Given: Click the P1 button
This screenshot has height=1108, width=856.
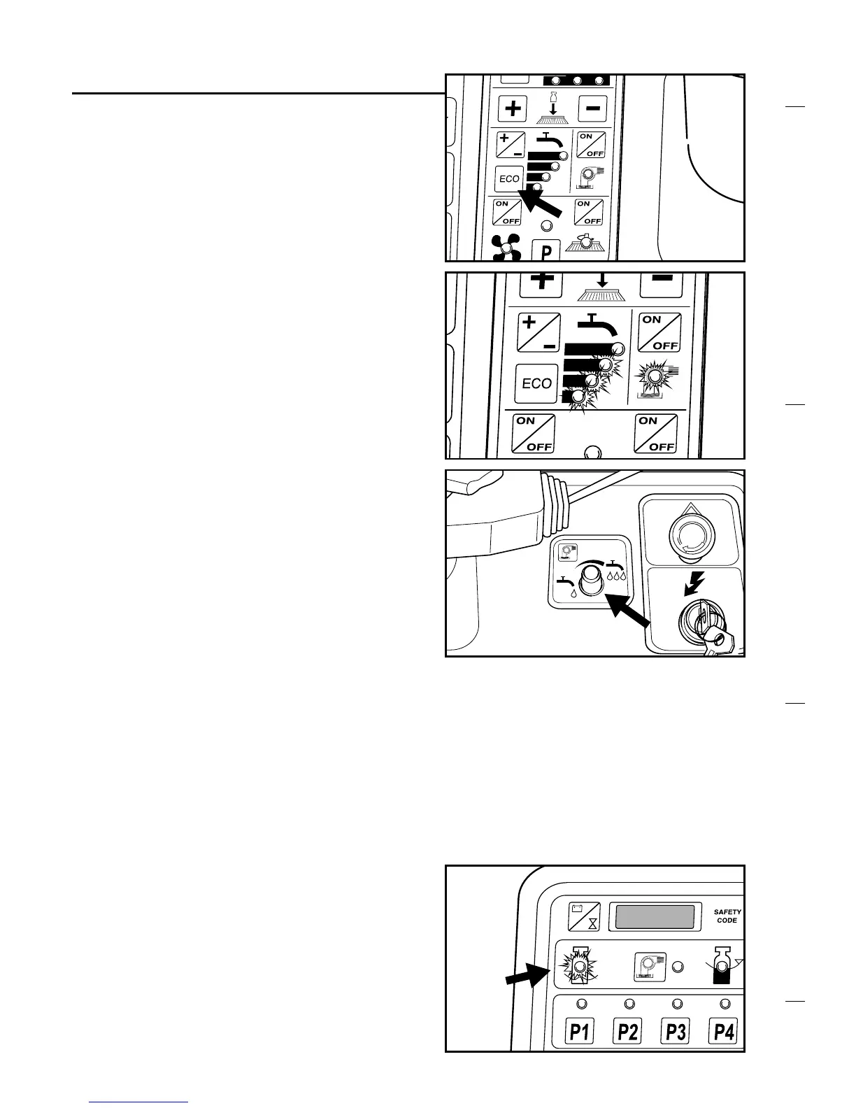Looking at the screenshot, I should pyautogui.click(x=578, y=1031).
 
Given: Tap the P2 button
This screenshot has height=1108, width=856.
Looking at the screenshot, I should pyautogui.click(x=627, y=1031).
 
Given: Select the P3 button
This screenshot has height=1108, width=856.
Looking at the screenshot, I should pyautogui.click(x=676, y=1031).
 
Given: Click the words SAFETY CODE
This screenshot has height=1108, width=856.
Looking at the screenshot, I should pyautogui.click(x=727, y=916).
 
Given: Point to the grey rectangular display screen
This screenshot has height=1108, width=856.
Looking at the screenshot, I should pyautogui.click(x=655, y=916).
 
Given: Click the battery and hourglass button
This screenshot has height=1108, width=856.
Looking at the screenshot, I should pyautogui.click(x=584, y=916).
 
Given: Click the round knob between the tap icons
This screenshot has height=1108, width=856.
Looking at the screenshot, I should pyautogui.click(x=592, y=580).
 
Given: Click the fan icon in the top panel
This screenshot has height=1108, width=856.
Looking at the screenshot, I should pyautogui.click(x=507, y=248).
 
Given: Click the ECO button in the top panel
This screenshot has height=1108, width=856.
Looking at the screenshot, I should pyautogui.click(x=508, y=179).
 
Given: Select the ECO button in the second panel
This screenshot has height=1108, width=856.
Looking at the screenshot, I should pyautogui.click(x=536, y=383).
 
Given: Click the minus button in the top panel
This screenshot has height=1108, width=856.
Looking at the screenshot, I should pyautogui.click(x=592, y=108).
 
